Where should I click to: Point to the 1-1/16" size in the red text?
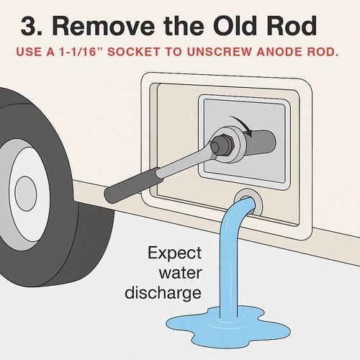point(79,52)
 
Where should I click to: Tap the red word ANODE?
point(279,52)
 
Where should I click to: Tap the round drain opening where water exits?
point(248,202)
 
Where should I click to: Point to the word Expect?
point(174,253)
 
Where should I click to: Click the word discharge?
point(163,294)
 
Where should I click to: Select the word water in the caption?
point(180,273)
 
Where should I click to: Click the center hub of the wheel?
point(26,194)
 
